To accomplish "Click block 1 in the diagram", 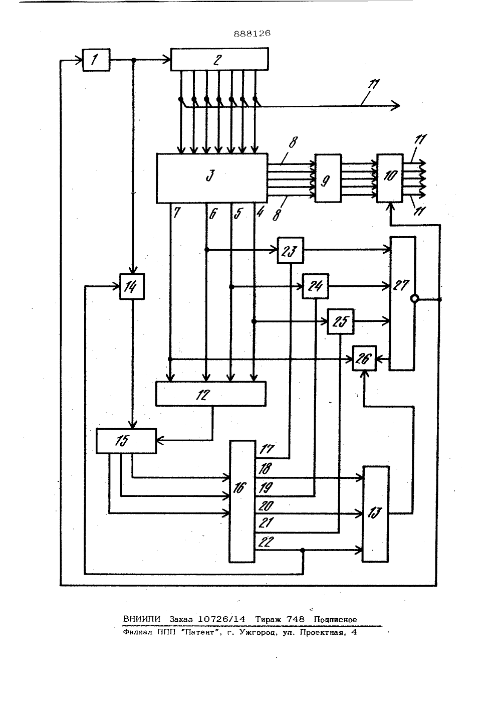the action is [x=96, y=60].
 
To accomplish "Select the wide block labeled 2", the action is [x=219, y=59].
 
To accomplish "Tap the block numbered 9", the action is [x=328, y=178].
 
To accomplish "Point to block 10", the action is [x=390, y=178].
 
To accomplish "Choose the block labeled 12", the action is [x=210, y=394].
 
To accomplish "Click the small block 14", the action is [x=132, y=286].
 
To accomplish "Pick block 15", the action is [x=126, y=441].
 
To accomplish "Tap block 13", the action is [x=375, y=514].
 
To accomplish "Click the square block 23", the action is [x=291, y=250].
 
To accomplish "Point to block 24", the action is [x=315, y=286].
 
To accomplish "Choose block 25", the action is [x=340, y=321].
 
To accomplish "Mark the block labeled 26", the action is [x=364, y=359].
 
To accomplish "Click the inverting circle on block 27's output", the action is [x=414, y=298].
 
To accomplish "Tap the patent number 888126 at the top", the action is [x=252, y=34].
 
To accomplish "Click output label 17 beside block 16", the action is [x=267, y=449].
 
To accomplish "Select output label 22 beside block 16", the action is [x=266, y=542].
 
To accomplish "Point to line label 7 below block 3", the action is [x=176, y=213].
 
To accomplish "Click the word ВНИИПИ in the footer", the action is [x=142, y=619].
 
